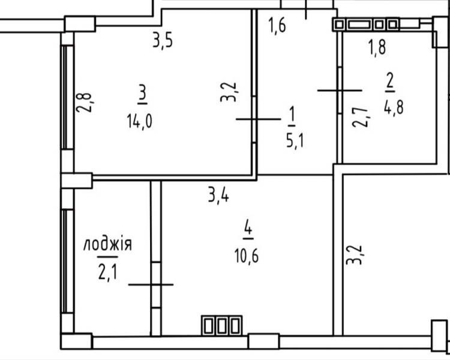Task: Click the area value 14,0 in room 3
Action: point(139,121)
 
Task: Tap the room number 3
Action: point(143,96)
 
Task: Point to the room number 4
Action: point(248,229)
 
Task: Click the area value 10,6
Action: point(247,256)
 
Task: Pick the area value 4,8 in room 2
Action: point(394,107)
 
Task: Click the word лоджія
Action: point(107,245)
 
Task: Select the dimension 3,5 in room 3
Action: point(163,41)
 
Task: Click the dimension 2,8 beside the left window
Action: point(84,103)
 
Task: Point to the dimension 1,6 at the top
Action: point(277,25)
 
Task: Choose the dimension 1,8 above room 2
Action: point(377,47)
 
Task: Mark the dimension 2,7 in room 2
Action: point(361,117)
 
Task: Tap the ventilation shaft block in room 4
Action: point(221,325)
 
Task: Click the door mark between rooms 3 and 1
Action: point(258,119)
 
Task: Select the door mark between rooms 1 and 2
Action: point(340,91)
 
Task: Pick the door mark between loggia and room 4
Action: point(151,284)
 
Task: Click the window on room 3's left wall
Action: point(67,97)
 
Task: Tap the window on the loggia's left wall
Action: point(67,261)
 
